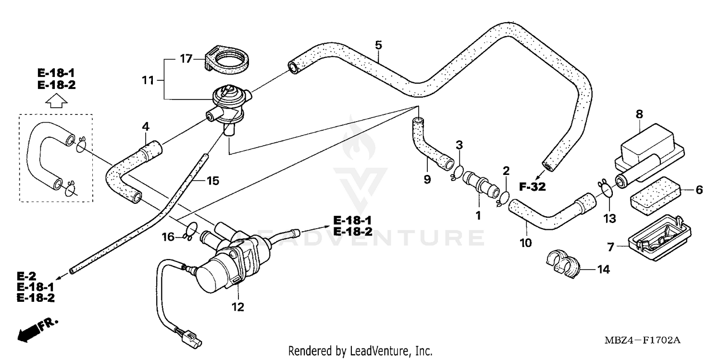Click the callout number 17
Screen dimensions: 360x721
[186, 59]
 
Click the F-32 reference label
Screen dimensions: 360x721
[532, 187]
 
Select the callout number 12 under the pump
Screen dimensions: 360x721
[238, 307]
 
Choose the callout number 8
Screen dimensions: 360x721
[639, 114]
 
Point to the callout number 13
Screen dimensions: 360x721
[609, 219]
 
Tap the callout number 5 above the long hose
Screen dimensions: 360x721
[378, 45]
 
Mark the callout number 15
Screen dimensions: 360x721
[212, 181]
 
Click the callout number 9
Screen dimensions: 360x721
[427, 179]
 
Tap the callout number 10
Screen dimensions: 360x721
[525, 243]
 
